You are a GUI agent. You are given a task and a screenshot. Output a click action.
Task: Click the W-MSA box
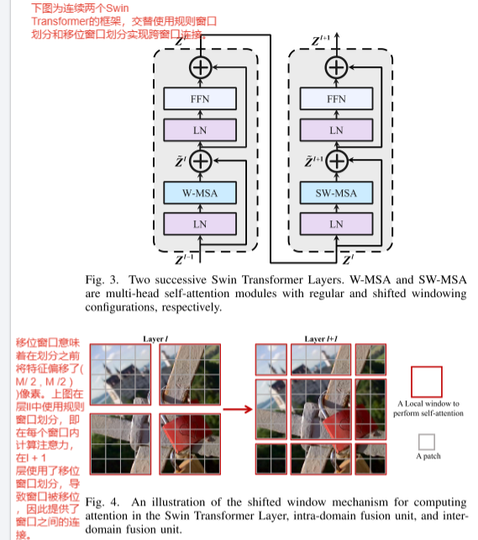click(x=199, y=193)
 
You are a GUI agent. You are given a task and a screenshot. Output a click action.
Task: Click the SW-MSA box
click(x=336, y=193)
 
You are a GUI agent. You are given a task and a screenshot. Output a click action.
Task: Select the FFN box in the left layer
click(x=199, y=99)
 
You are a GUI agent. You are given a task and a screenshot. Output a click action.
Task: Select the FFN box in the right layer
click(x=336, y=99)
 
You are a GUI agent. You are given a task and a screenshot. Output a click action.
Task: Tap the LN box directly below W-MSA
click(x=199, y=224)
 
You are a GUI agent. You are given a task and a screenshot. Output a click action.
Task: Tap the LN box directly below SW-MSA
click(x=336, y=224)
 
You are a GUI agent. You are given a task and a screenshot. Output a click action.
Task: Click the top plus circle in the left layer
click(x=200, y=67)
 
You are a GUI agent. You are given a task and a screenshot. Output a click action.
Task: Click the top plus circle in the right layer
click(x=337, y=67)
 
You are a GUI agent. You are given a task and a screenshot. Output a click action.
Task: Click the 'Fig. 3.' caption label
click(x=102, y=278)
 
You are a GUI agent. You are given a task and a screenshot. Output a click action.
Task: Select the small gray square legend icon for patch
click(x=427, y=441)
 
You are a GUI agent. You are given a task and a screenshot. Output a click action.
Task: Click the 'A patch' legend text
click(x=428, y=457)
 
